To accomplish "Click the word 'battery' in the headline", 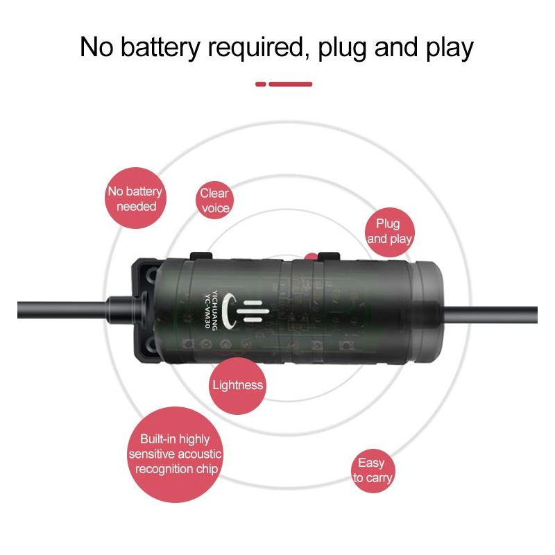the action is (x=161, y=47).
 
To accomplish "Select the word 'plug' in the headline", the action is (x=342, y=49).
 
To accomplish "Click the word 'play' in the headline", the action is (x=450, y=49).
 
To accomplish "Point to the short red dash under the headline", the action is (x=261, y=84).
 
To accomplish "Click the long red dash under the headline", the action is (x=290, y=84).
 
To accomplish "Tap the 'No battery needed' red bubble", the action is (x=135, y=198).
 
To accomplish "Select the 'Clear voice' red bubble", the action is (x=214, y=200).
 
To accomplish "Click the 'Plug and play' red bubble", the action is (x=389, y=232).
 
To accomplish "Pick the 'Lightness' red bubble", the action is (x=237, y=386).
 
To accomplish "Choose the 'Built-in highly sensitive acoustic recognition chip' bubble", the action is (x=176, y=454).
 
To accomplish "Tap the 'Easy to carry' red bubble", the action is (x=373, y=471).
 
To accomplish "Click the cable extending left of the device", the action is (x=64, y=310).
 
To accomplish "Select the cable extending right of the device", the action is (x=490, y=315).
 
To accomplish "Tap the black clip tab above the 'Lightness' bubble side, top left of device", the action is (x=201, y=255).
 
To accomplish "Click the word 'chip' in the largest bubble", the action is (x=207, y=470).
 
